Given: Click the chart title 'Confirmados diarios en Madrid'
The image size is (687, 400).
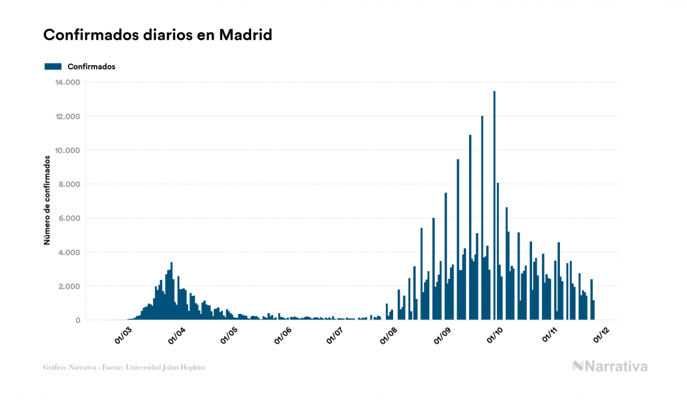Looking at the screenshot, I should [157, 35].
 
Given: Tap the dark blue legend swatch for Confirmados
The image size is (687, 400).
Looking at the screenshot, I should [53, 66].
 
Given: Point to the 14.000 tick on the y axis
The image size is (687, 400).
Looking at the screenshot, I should [68, 82].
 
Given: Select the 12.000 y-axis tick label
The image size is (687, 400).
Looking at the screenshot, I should [68, 116].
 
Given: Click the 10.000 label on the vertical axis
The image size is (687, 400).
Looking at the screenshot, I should [68, 150].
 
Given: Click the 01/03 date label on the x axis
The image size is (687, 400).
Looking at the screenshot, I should [124, 335].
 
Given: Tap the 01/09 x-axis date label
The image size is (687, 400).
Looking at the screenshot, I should [443, 335].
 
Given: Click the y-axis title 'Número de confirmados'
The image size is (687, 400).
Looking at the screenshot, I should [46, 200].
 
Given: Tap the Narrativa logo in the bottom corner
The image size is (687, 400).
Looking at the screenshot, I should [610, 366].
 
